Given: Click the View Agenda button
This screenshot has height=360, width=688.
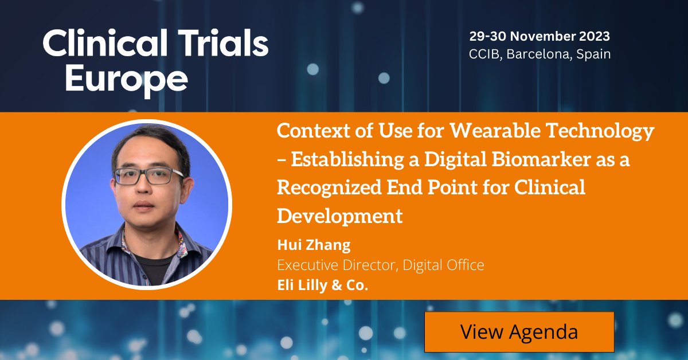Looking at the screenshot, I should pos(519,332).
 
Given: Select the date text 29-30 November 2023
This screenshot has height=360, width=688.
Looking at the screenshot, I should pos(540,36).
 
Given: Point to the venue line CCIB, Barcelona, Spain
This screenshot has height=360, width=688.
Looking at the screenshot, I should pos(540,54).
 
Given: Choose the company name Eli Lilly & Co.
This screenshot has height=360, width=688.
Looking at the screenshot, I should pos(322,285).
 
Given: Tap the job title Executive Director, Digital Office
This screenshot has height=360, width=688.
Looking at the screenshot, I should pos(381,265).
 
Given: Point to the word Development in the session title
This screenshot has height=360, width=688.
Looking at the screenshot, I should pos(340,216).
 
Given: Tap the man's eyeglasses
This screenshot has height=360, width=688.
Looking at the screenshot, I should pos(147,175).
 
